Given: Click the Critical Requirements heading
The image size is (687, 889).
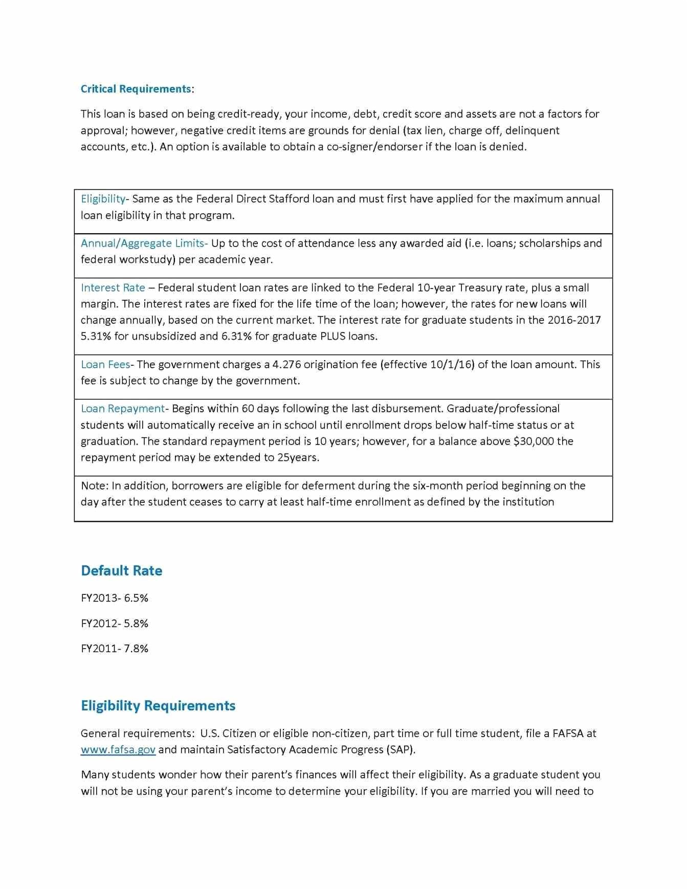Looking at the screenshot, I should (x=136, y=89).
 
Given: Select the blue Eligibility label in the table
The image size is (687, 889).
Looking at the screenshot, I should (x=103, y=199).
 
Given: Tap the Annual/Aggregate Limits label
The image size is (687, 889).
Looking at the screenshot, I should (x=143, y=243).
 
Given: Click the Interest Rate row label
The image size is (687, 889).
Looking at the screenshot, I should (x=113, y=288).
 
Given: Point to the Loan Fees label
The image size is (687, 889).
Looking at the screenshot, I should (x=105, y=365).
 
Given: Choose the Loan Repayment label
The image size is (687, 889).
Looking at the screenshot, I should (x=123, y=409).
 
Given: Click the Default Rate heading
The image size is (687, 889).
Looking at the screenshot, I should (x=121, y=571).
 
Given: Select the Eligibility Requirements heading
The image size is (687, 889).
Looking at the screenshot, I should (x=158, y=706).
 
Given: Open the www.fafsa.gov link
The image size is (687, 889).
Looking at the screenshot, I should (x=118, y=750).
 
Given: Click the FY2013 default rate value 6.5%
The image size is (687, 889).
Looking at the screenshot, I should (x=136, y=598).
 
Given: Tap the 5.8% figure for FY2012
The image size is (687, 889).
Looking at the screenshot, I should (x=136, y=624).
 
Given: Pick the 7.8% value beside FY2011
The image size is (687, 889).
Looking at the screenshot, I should (x=136, y=649).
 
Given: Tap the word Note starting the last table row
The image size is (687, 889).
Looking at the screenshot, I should (x=94, y=486).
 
